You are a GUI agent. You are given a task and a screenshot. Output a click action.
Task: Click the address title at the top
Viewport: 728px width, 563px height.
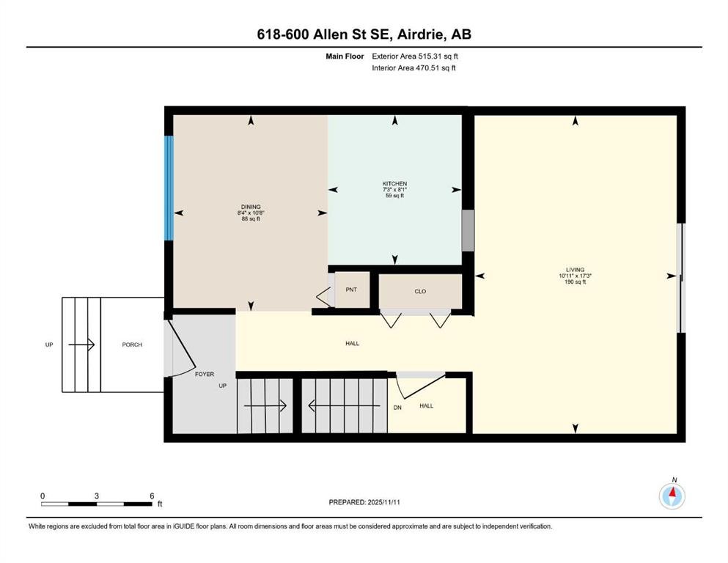pos(364,34)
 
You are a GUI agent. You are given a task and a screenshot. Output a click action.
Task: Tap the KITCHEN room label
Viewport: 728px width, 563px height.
pos(394,184)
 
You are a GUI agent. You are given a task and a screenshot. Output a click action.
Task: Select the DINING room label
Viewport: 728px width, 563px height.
pos(250,207)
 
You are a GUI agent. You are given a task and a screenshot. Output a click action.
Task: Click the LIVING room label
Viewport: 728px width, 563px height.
pos(575,270)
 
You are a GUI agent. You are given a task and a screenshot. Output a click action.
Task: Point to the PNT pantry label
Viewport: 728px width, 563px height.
pos(351,290)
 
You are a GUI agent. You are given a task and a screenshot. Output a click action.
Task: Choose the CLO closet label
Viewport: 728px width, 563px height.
pos(420,291)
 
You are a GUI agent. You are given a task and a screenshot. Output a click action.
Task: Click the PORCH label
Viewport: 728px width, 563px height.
pos(132,345)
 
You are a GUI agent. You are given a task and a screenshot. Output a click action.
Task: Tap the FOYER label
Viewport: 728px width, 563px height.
pos(204,374)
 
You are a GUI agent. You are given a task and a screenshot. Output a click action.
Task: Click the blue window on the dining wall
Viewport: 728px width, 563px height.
pos(169,187)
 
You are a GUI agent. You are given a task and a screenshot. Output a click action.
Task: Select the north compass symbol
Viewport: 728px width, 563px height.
pos(672,496)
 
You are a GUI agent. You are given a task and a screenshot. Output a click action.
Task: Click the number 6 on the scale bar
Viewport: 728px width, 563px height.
pos(152,496)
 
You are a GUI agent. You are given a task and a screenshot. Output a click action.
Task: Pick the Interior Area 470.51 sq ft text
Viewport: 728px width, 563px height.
pos(414,68)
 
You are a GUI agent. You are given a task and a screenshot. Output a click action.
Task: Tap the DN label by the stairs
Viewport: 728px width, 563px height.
pos(397,407)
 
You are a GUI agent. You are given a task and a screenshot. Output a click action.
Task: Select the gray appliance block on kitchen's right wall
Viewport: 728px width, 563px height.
pos(468,229)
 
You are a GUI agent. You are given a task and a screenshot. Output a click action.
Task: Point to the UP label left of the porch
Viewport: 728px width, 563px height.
pos(49,345)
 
